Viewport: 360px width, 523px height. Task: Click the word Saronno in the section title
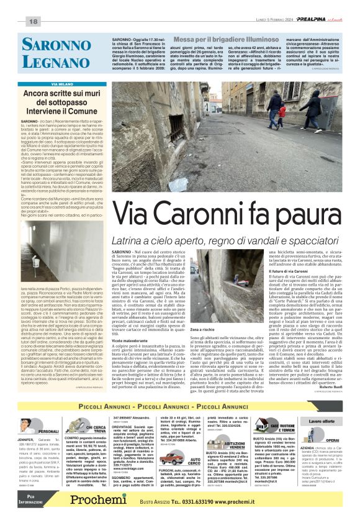point(56,44)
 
